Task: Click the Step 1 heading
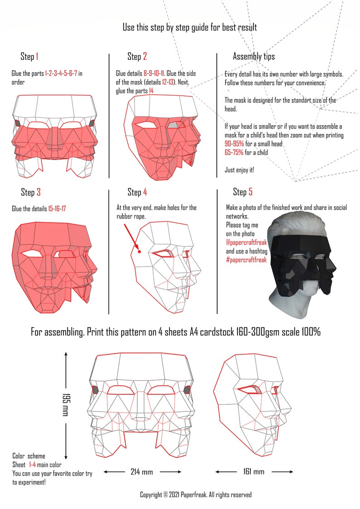click(x=29, y=57)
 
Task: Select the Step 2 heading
click(x=137, y=57)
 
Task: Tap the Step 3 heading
click(x=31, y=192)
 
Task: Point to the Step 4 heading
click(x=137, y=192)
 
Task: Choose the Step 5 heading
click(x=243, y=192)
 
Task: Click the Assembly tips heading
click(x=253, y=57)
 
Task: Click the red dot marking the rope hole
click(x=140, y=251)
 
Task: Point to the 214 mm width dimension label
click(x=142, y=472)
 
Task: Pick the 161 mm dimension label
click(x=253, y=472)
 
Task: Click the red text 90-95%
click(x=234, y=144)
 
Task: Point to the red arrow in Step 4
click(x=131, y=236)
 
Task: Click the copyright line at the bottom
click(x=195, y=495)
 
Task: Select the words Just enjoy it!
click(x=239, y=170)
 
